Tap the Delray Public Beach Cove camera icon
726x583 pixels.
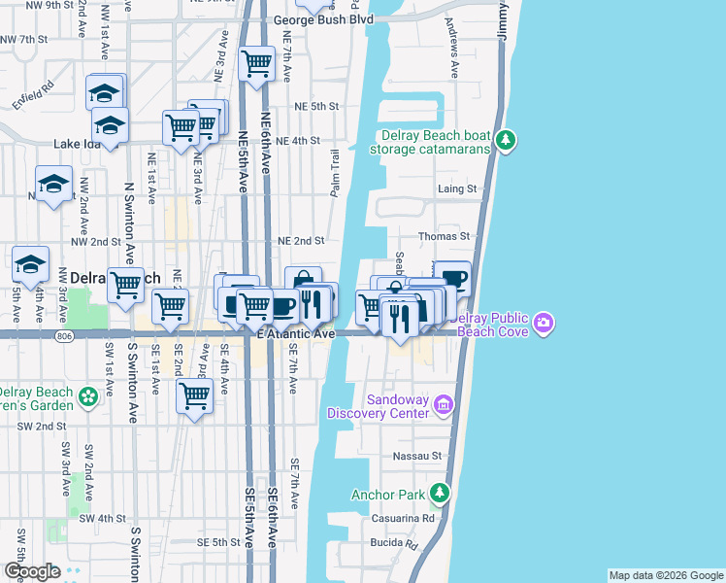click(544, 322)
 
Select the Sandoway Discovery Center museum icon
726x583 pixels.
click(444, 403)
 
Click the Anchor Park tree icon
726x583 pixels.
click(440, 495)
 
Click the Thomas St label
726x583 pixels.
click(444, 236)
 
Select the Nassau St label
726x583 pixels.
click(416, 455)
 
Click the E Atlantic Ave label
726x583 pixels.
click(296, 334)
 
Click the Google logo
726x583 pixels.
click(32, 571)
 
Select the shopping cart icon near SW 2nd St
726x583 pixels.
click(195, 395)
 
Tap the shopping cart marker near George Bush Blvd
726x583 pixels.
click(256, 65)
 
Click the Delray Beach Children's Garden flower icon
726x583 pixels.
click(88, 397)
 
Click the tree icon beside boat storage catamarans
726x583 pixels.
click(505, 141)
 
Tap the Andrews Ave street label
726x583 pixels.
click(452, 46)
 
